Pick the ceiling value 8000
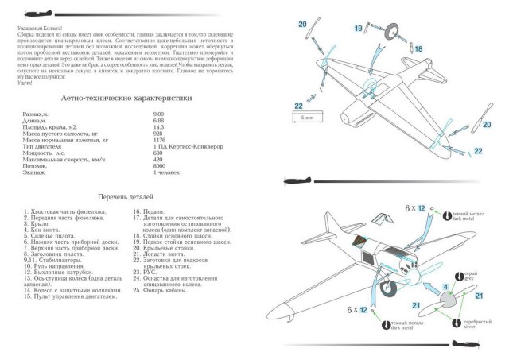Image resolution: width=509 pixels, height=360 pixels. [160, 166]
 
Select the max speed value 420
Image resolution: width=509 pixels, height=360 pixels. [158, 161]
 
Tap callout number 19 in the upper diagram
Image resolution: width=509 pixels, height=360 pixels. [359, 29]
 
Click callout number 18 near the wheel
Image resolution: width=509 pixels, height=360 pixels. [419, 49]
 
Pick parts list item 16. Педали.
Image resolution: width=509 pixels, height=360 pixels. [149, 212]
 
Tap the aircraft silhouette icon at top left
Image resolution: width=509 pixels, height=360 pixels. [36, 13]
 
